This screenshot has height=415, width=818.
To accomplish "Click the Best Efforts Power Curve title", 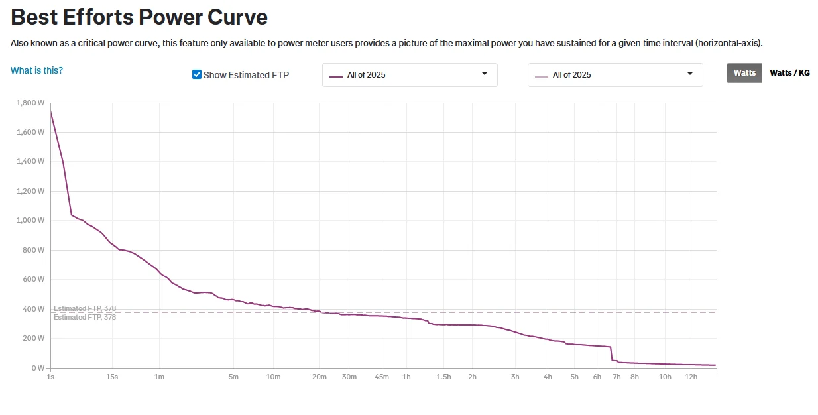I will coord(139,17).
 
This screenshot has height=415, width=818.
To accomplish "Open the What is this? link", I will coord(36,70).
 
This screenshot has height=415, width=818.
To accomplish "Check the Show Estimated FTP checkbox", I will coord(197,74).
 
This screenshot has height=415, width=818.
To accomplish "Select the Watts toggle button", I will coord(744,73).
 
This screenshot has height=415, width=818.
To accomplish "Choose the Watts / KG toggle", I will coord(789,73).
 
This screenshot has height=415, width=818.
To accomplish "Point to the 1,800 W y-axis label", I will coord(30,103).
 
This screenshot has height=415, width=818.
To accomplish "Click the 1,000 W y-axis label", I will coord(30,221).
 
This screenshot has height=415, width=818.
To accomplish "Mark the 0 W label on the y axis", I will coord(37,368).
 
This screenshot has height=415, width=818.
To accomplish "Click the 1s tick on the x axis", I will coord(50,377).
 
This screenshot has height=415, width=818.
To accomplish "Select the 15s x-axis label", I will coord(112,377).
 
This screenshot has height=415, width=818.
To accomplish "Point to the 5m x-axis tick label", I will coord(233,377).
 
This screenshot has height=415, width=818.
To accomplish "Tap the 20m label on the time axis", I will coord(320,377).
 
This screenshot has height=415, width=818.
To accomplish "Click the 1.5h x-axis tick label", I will coord(443,377).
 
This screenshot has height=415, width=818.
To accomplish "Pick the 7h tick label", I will coord(616,377).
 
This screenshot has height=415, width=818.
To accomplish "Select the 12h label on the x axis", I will coord(691,377).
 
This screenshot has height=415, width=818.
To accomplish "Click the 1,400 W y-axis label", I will coord(30,162).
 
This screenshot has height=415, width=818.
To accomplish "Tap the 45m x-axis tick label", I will coord(381,377).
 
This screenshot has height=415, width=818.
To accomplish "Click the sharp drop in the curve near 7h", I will coord(611,353).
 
